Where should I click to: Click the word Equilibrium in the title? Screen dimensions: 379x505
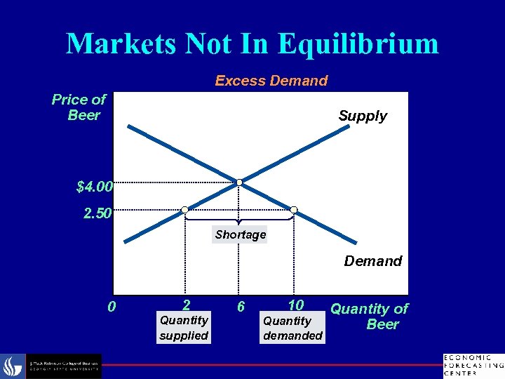click(358, 44)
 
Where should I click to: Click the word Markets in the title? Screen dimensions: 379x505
click(122, 44)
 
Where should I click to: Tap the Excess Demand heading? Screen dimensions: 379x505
click(271, 81)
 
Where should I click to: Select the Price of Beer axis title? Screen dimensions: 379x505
click(79, 107)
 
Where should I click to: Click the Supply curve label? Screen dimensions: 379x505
click(362, 116)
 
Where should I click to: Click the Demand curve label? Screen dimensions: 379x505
click(372, 261)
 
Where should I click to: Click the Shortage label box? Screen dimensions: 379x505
click(241, 234)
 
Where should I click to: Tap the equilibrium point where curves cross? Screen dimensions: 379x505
click(239, 182)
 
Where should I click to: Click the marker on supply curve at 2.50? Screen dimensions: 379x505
click(184, 209)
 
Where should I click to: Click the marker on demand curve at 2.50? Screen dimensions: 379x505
click(294, 209)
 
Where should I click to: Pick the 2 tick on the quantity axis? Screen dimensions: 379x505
click(185, 305)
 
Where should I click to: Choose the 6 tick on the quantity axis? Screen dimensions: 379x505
click(241, 307)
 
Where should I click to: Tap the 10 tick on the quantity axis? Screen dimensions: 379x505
click(295, 305)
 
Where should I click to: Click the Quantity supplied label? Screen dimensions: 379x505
click(184, 328)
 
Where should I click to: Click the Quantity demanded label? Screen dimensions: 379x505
click(292, 328)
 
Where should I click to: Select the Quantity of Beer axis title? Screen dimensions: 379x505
click(370, 316)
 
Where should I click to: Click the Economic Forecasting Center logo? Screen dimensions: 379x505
click(473, 365)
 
